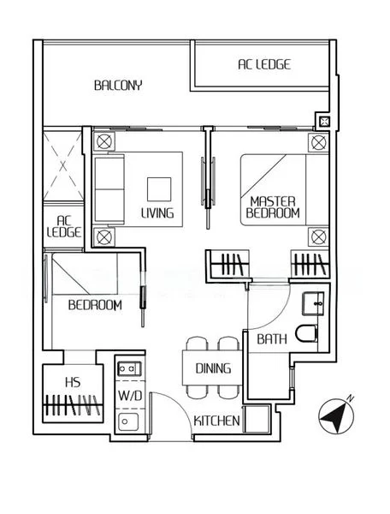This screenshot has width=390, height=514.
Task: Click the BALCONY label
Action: coord(118,85)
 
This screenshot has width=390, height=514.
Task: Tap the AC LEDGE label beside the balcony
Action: coord(264,64)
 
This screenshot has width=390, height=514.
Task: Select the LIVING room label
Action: coord(157,213)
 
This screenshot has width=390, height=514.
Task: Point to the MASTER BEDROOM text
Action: coord(273,207)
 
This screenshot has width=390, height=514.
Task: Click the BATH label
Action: coord(272,339)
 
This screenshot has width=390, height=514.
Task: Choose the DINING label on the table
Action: coord(213,368)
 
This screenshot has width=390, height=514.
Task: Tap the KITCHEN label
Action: coord(216,421)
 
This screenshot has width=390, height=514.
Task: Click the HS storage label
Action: coord(73,382)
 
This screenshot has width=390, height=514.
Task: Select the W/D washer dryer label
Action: coord(130,396)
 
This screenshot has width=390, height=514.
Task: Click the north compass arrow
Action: coord(336,415)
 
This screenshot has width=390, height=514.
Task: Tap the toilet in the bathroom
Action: coord(306,333)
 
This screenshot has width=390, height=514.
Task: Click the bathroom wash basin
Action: coord(313,304)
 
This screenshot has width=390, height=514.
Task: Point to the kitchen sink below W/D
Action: coord(128,421)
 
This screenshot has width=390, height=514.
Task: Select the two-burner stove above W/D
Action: coord(129,368)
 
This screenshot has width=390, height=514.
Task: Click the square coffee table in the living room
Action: coord(159,189)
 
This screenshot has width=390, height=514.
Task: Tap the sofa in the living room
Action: coord(109,189)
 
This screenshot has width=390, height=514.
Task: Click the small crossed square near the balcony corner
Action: coord(324,122)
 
